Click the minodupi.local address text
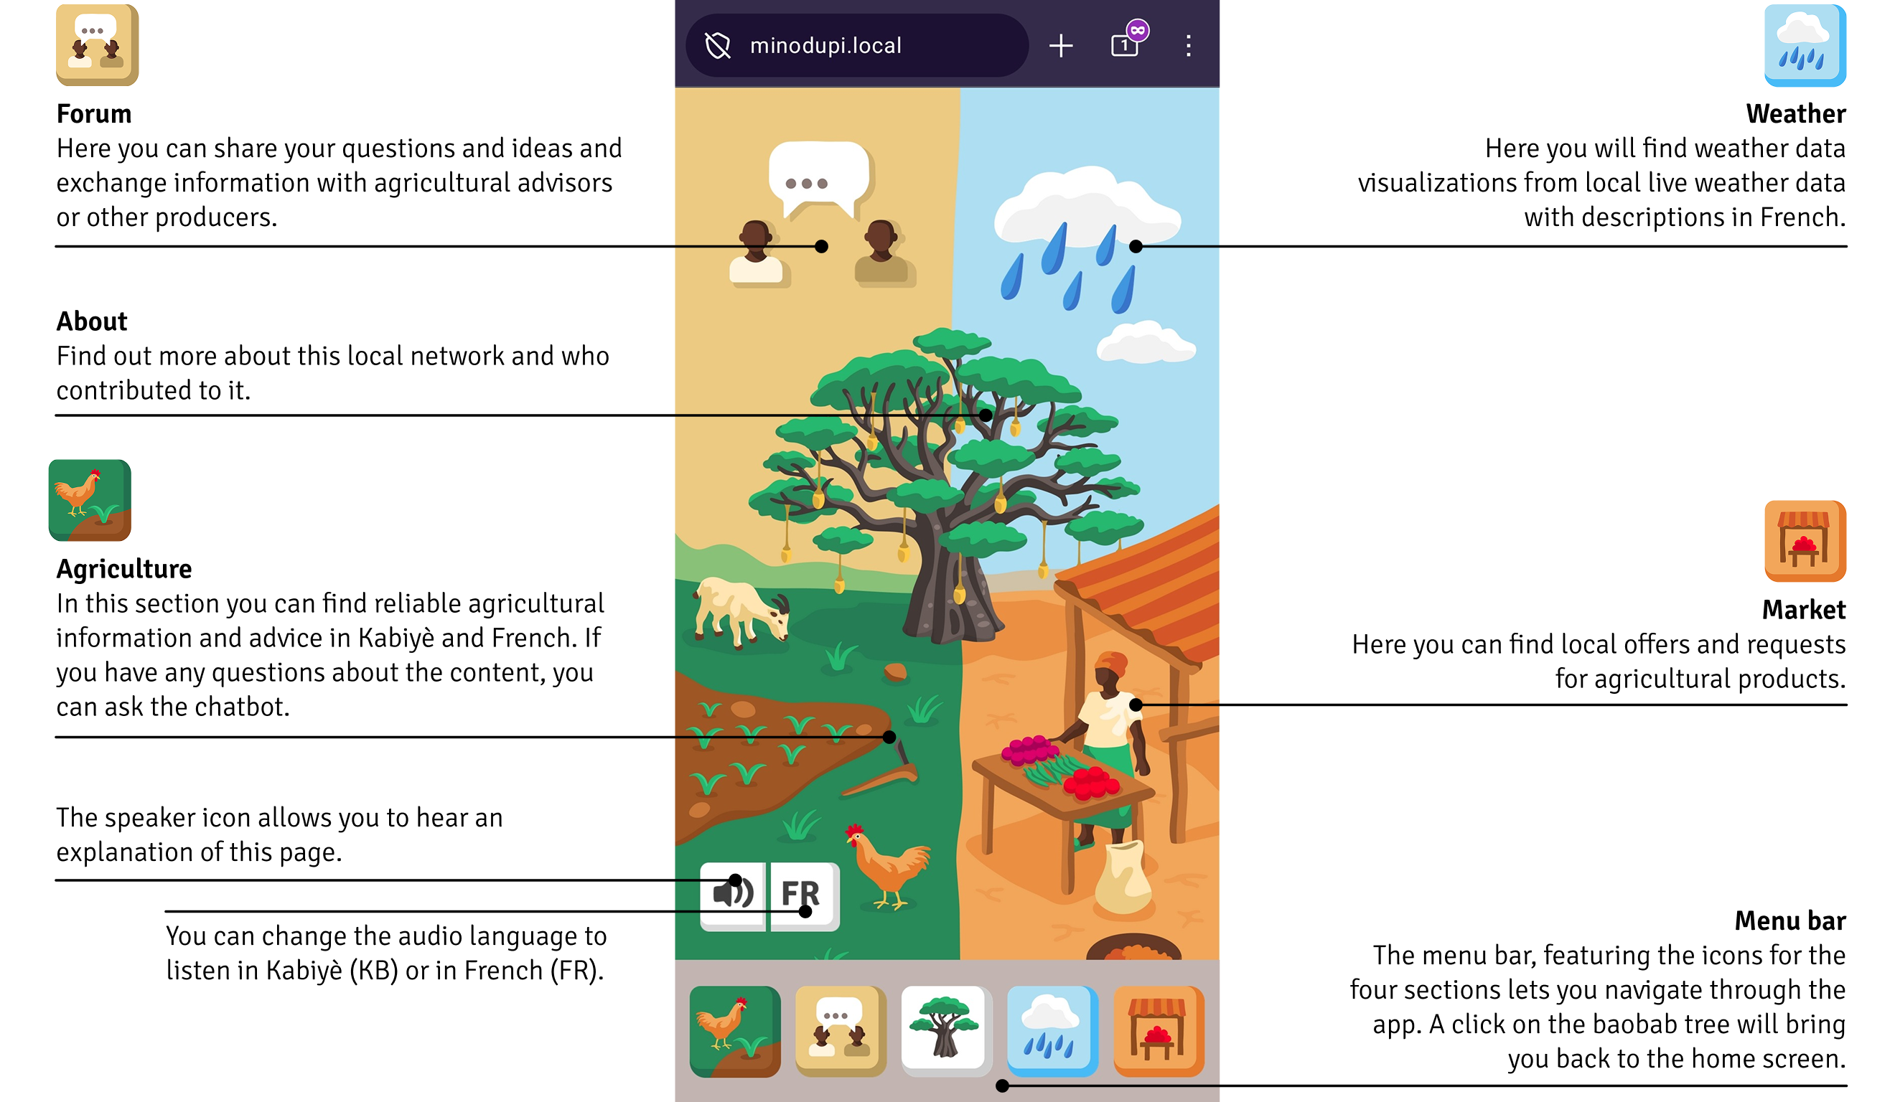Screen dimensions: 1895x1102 [x=825, y=46]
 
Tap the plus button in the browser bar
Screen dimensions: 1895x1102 [x=1060, y=46]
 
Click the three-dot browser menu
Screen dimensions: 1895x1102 [x=1188, y=46]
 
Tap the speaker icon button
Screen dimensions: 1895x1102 [x=732, y=895]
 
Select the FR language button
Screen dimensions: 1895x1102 [x=803, y=895]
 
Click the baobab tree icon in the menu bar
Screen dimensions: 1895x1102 [x=945, y=1030]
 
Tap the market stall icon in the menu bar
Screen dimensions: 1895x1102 [x=1158, y=1030]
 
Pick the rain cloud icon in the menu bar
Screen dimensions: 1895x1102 [x=1052, y=1030]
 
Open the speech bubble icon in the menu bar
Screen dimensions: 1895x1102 [x=841, y=1030]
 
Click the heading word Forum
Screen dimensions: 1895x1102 [x=94, y=114]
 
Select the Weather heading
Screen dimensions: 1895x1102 [x=1795, y=114]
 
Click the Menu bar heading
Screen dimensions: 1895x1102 [x=1789, y=920]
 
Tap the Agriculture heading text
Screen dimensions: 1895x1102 [x=124, y=569]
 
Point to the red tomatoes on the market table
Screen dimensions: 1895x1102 [x=1092, y=783]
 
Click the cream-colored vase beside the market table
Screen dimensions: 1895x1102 [x=1122, y=877]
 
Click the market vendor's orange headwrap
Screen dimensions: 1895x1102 [x=1111, y=664]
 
